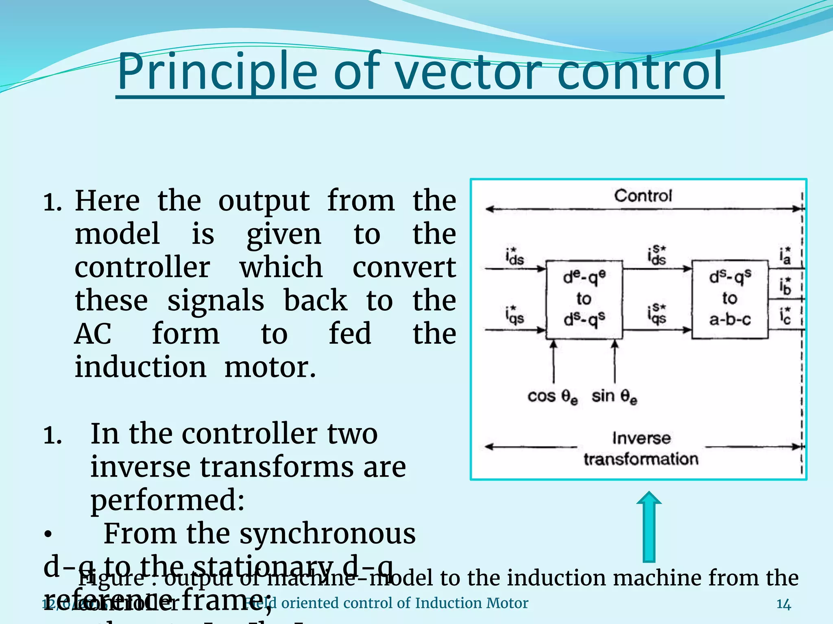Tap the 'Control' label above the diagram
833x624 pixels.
click(x=643, y=196)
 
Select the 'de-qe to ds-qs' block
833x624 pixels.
click(x=584, y=299)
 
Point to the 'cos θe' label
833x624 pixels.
click(x=552, y=396)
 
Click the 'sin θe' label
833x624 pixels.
click(x=614, y=396)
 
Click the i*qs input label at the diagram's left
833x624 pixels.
click(x=515, y=315)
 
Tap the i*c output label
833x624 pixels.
click(x=785, y=316)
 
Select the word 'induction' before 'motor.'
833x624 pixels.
click(x=140, y=367)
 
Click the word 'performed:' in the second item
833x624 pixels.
click(x=168, y=500)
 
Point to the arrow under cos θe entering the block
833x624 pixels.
click(x=553, y=362)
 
